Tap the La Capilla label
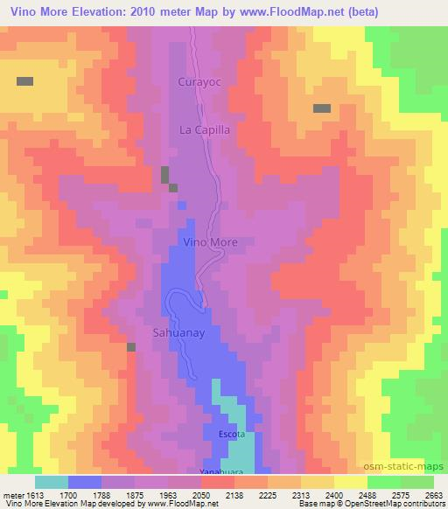204,129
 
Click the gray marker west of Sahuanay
131,347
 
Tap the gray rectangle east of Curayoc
322,108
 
